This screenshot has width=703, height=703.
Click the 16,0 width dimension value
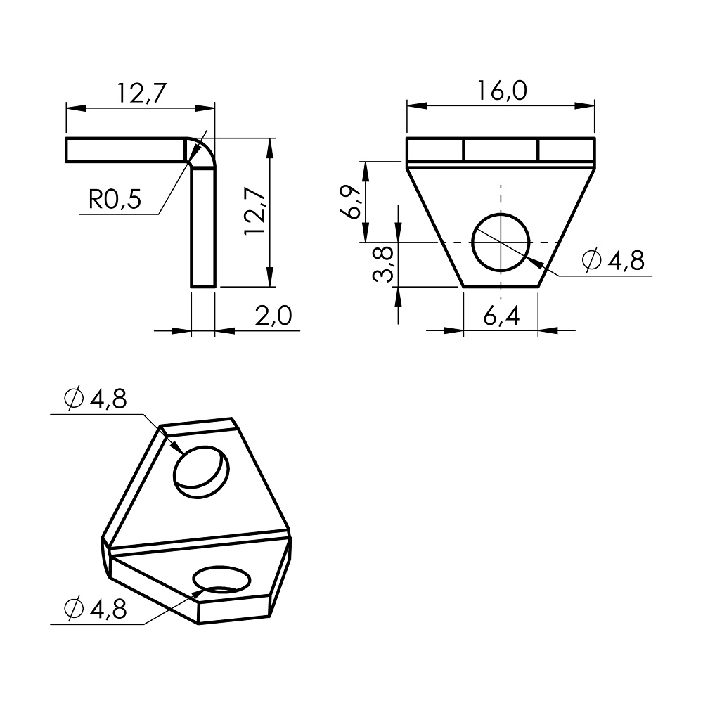click(501, 91)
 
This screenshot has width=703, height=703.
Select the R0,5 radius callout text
click(115, 199)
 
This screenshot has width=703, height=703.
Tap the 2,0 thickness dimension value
click(273, 316)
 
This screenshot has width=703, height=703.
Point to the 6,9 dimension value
click(351, 202)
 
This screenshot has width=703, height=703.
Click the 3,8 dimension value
click(383, 264)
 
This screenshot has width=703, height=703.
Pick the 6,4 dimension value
click(501, 316)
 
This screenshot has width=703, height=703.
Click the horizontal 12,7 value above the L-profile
click(141, 93)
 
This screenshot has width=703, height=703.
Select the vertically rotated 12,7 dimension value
click(255, 211)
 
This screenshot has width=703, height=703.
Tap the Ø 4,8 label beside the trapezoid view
click(613, 261)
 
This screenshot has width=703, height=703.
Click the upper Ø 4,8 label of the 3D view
click(96, 398)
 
